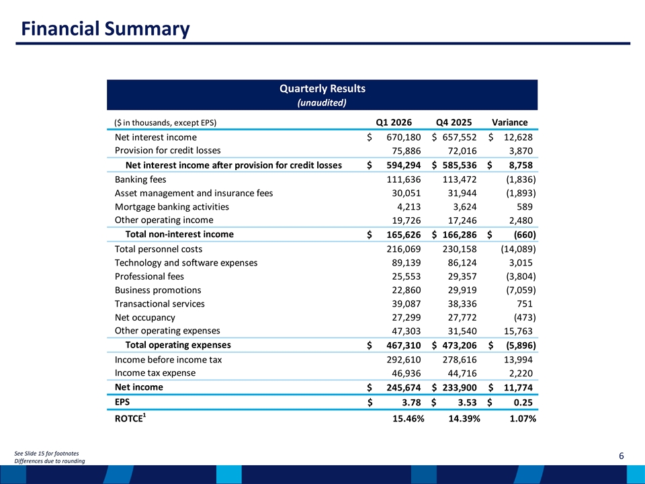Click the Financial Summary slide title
coord(105,29)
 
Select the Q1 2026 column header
coord(394,122)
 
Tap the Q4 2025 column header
coord(454,122)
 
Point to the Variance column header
coord(510,122)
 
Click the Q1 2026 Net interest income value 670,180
coord(404,137)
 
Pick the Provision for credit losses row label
coord(167,151)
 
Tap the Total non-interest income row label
coord(179,234)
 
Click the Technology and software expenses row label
coord(186,263)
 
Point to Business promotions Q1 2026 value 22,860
coord(406,290)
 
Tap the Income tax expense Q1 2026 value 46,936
coord(406,373)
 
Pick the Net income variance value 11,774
coord(518,387)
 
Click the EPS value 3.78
coord(411,402)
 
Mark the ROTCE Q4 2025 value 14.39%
coord(464,419)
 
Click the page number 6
coord(621,456)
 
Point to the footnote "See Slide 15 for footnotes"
coord(46,454)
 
